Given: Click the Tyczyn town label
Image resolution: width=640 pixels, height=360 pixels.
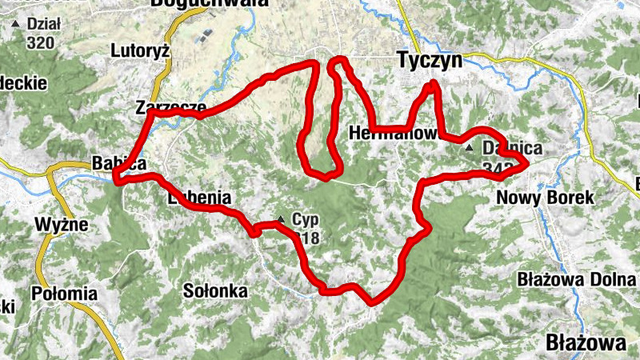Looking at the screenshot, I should point(430,61).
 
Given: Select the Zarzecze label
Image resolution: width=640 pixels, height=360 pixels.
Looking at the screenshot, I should point(170,106).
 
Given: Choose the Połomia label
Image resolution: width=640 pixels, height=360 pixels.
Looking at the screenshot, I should point(64,294).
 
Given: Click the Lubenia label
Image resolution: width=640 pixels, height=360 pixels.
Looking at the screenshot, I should point(199,198).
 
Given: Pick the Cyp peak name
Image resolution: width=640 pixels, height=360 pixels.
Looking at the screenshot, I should point(305,219).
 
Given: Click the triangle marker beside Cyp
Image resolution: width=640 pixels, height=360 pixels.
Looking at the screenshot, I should point(281,219).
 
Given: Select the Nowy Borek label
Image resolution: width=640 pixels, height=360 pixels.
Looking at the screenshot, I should point(545,197).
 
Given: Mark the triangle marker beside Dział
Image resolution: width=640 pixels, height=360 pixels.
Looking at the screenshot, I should point(15,24).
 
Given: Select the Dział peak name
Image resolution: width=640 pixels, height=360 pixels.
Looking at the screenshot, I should point(44,24).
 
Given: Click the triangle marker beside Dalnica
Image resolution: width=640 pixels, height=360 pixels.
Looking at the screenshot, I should point(470,149).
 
